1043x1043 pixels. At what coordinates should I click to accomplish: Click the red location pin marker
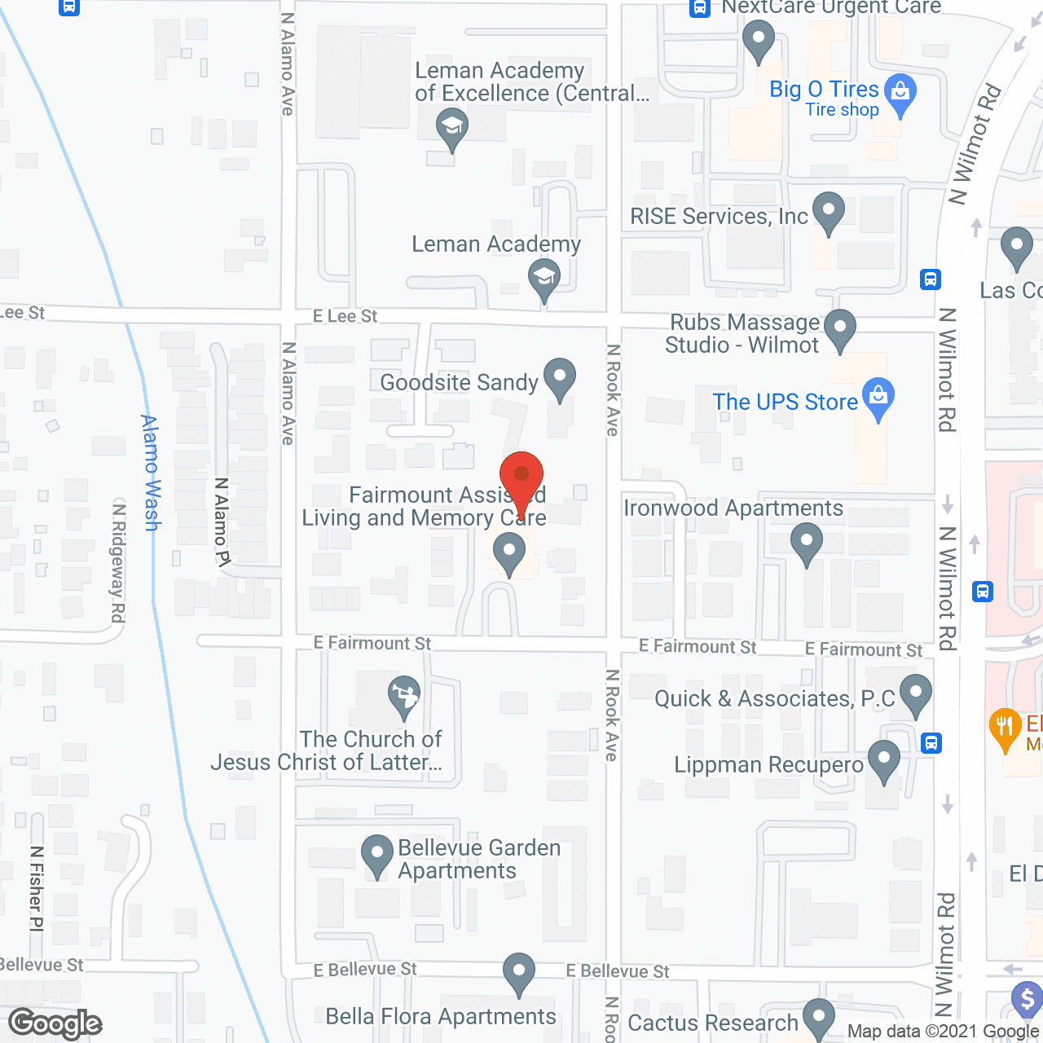(x=521, y=477)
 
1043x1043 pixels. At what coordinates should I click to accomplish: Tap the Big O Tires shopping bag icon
(x=900, y=93)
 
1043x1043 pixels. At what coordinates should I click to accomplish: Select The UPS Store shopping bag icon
(x=878, y=397)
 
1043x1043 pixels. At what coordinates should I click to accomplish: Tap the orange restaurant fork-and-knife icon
(x=1005, y=728)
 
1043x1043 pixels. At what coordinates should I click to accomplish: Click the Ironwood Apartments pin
(x=806, y=543)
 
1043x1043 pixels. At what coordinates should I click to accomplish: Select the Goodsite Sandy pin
(x=559, y=378)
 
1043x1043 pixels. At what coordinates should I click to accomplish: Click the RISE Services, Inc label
(x=719, y=216)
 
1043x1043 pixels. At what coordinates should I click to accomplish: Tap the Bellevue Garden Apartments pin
(x=376, y=855)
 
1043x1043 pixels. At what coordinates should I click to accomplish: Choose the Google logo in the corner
(x=55, y=1023)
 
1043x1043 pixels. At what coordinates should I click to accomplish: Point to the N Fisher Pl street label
(x=37, y=888)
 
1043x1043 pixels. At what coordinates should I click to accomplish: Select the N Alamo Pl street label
(x=222, y=521)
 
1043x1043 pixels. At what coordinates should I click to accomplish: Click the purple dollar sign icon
(x=1027, y=999)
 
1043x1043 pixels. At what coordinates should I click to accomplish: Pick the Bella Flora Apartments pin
(x=518, y=972)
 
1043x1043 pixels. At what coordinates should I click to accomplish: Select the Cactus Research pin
(x=818, y=1018)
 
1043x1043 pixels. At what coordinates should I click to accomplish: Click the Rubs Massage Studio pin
(x=839, y=329)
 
